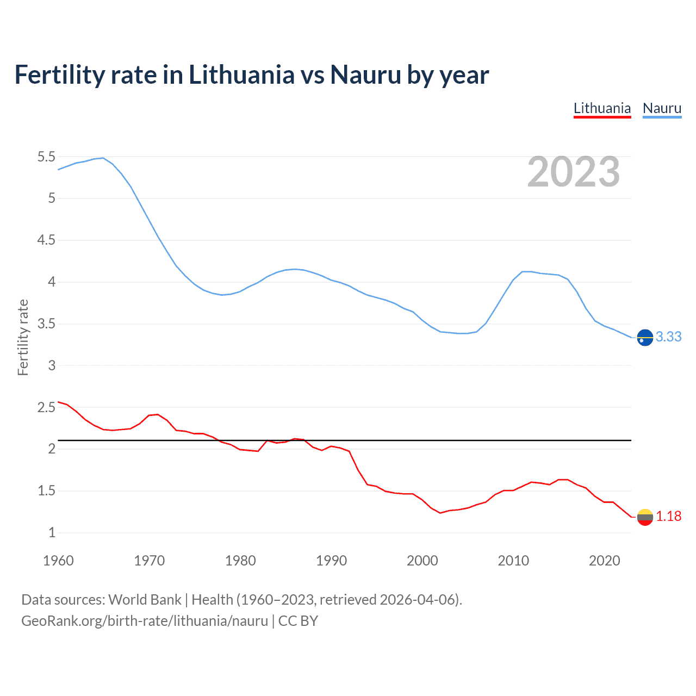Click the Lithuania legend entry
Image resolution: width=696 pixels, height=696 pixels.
coord(602,108)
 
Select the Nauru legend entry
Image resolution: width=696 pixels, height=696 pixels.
coord(662,108)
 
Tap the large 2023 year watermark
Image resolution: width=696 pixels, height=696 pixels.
coord(573,172)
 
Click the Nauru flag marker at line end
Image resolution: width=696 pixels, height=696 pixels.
coord(645,338)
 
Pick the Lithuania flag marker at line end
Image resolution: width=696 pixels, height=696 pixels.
coord(645,517)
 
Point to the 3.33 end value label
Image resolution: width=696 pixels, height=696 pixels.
coord(668,337)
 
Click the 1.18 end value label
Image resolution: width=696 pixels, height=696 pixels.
coord(668,517)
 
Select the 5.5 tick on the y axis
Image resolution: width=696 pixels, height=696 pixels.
coord(46,157)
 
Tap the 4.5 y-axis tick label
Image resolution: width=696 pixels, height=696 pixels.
coord(46,240)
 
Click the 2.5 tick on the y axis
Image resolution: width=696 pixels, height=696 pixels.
coord(46,407)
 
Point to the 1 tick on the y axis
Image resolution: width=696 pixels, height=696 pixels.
coord(52,533)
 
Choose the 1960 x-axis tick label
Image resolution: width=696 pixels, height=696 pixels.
coord(58,561)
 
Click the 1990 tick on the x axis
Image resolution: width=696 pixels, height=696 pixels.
coord(331,561)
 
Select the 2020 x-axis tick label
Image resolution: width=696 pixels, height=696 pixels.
coord(604,561)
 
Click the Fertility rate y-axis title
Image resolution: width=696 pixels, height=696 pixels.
coord(23,337)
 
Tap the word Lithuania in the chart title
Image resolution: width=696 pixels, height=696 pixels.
coord(241,74)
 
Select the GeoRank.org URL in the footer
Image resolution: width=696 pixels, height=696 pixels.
coord(145,621)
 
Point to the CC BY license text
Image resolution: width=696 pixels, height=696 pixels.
coord(298,621)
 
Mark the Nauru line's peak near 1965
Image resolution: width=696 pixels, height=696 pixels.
coord(103,158)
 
